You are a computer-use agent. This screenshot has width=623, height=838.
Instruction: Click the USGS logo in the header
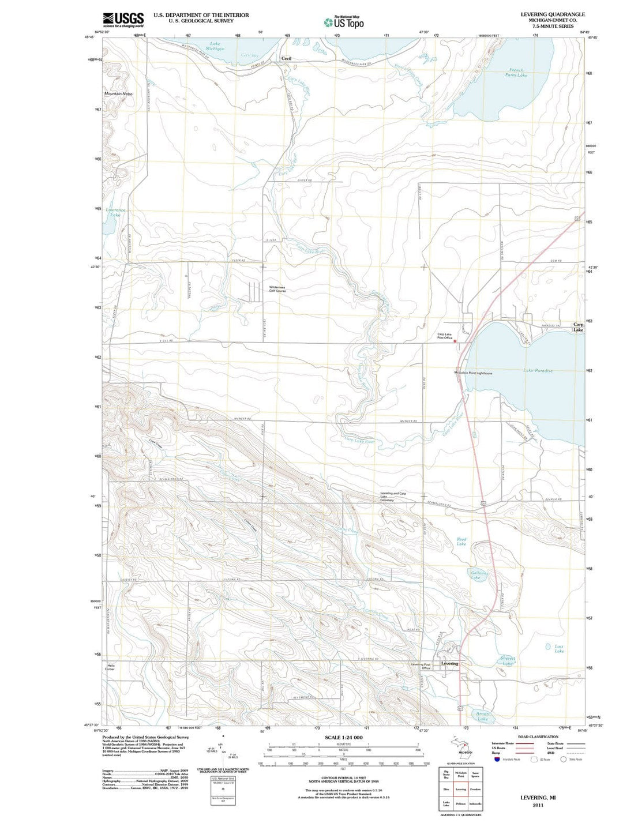123,20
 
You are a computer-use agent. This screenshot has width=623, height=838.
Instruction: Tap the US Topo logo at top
344,22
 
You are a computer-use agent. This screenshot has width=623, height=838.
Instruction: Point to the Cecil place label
286,59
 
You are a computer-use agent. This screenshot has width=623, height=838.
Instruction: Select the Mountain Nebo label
118,93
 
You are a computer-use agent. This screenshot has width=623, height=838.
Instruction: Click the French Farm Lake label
516,73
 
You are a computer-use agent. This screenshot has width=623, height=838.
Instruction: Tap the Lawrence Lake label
115,212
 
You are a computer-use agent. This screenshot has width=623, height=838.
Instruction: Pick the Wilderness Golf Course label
277,289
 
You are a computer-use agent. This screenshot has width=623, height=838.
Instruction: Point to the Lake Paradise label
538,371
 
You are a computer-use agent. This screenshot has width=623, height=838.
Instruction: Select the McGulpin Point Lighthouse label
472,373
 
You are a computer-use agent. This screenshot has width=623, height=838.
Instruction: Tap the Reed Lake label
461,542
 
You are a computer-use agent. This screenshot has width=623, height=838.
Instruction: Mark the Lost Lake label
559,648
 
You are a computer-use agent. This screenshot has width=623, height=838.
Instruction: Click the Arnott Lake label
483,716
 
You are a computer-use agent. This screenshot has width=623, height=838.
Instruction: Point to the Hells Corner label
110,667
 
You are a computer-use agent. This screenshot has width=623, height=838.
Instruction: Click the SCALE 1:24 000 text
343,738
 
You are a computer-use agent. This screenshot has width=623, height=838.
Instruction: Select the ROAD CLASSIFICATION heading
538,736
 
